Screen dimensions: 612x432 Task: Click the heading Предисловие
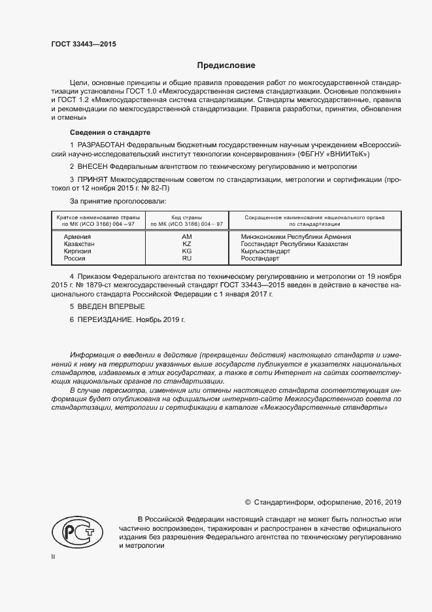(226, 65)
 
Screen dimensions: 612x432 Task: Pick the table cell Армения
(77, 236)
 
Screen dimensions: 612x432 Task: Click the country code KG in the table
(187, 251)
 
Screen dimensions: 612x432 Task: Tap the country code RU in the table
(187, 259)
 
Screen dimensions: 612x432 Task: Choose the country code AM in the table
(187, 236)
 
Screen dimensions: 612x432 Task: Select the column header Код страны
(187, 217)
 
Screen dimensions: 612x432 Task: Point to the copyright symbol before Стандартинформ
(248, 503)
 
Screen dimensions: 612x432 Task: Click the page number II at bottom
(53, 556)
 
